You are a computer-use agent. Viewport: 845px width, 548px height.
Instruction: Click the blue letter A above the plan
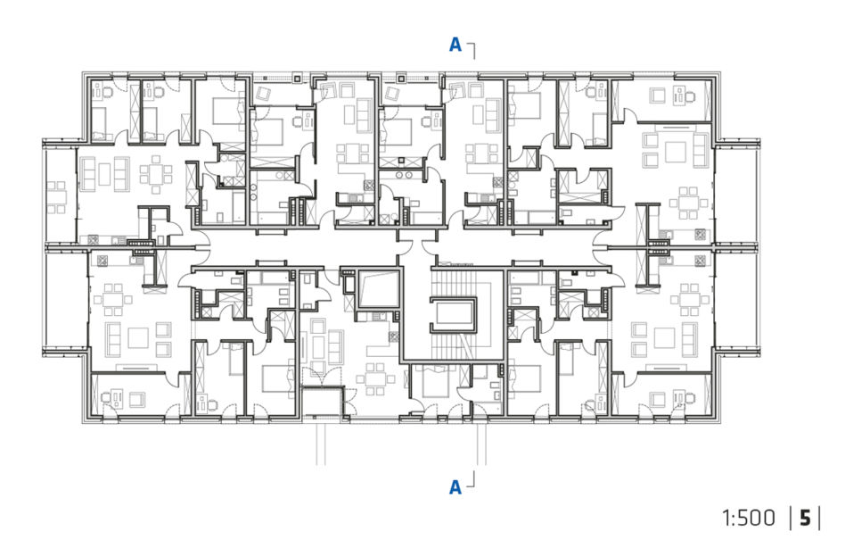pos(455,45)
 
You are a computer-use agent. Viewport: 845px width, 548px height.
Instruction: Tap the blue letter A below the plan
pos(455,487)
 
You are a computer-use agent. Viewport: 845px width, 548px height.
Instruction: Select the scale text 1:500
pos(749,519)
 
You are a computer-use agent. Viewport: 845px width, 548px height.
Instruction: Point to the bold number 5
pos(805,519)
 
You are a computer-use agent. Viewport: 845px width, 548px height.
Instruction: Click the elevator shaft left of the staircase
pos(379,289)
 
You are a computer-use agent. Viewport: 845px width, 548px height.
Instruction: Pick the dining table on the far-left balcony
pos(56,197)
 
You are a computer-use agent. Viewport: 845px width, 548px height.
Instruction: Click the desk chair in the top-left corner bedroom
pos(106,92)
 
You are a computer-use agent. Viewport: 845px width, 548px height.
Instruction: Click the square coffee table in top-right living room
pos(676,152)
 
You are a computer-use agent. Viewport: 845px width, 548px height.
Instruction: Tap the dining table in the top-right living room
pos(686,203)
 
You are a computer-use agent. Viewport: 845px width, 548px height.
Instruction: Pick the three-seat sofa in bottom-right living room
pos(690,339)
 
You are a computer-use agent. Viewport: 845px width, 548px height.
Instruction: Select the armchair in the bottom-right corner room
pos(658,400)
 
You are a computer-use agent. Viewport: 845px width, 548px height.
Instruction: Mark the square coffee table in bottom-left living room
pos(138,339)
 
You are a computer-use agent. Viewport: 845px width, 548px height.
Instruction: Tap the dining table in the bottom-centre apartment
pos(375,378)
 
